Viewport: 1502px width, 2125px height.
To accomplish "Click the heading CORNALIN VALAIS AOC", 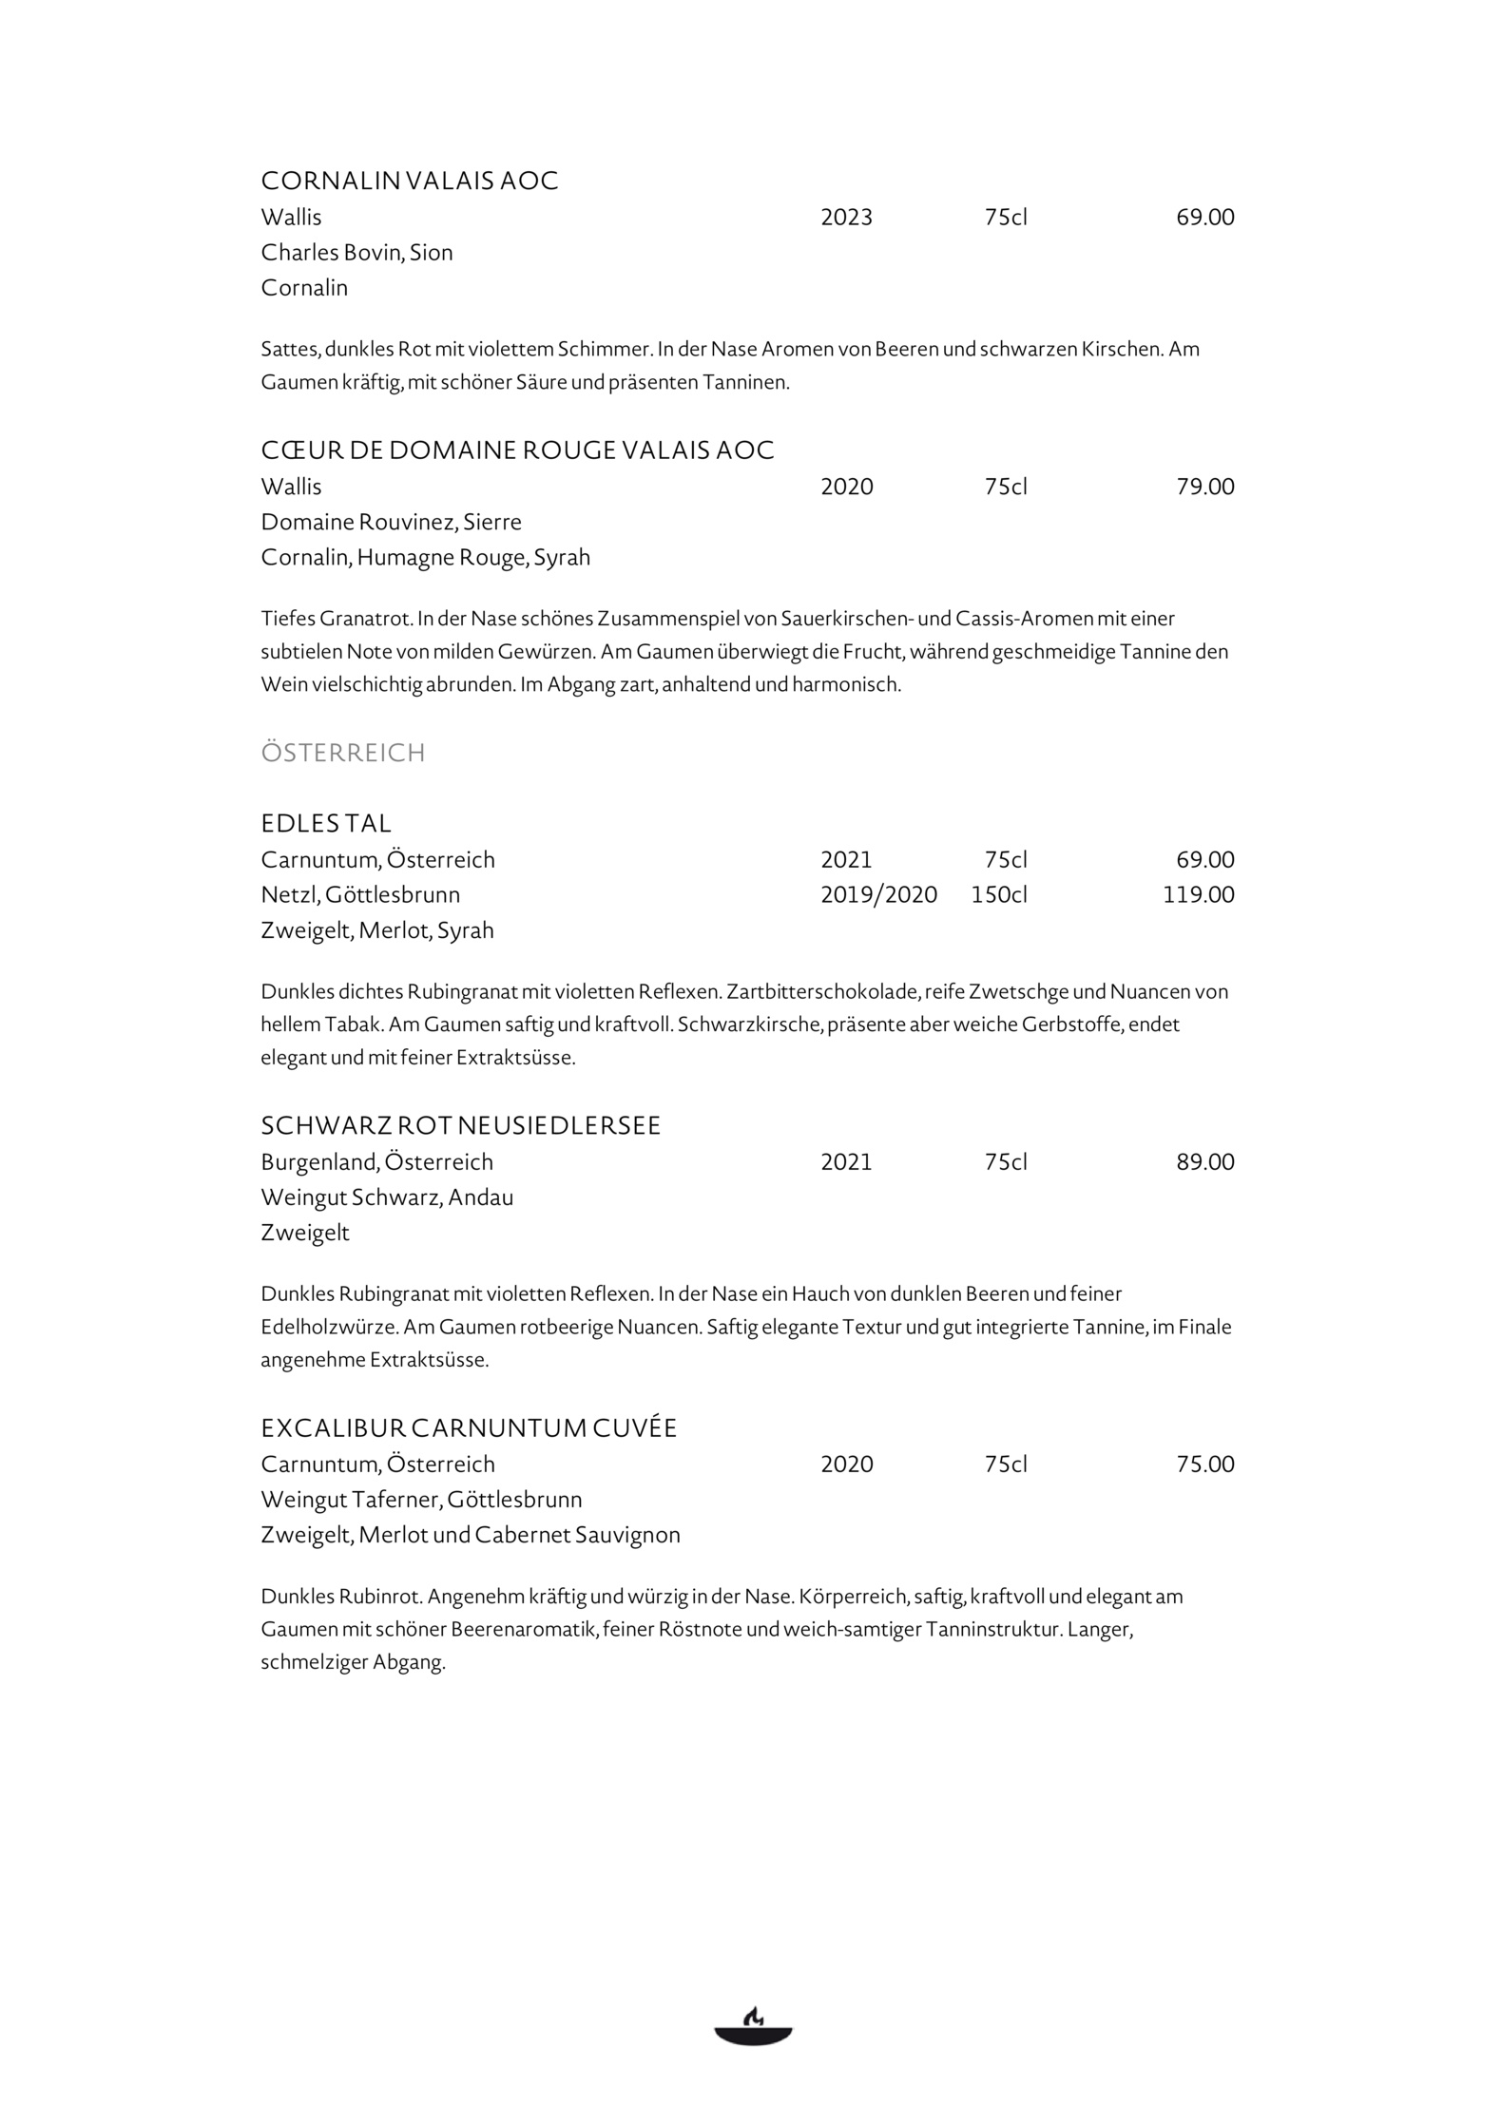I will pos(410,181).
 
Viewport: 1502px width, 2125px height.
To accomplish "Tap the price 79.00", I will pos(1204,487).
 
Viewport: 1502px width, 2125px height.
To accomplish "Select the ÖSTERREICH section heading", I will pos(343,753).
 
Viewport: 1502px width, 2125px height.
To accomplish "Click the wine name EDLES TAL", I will pos(326,823).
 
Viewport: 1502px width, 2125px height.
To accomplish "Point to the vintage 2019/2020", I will pos(878,894).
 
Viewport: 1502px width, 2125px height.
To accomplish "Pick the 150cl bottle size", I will pos(998,894).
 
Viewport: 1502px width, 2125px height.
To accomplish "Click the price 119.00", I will pos(1198,894).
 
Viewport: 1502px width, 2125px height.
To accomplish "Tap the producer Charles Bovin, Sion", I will pos(356,252).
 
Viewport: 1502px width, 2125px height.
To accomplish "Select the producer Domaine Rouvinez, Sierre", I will pos(391,522).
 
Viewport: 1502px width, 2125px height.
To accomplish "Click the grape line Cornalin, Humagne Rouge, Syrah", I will pos(425,557).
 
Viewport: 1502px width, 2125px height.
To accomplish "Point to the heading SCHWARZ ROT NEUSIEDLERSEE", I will pos(460,1125).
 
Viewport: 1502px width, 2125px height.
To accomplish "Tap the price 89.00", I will pos(1204,1161).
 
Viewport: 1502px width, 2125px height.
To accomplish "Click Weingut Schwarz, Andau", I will pos(387,1197).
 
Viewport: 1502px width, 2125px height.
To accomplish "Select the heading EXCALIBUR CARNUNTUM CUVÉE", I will pos(469,1427).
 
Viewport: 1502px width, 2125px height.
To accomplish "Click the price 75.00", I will pos(1204,1464).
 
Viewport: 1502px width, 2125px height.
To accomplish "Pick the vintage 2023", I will pos(846,218).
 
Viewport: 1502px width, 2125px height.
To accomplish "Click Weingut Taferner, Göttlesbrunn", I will pos(421,1499).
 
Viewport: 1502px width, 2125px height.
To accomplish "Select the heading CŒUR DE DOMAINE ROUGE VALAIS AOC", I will pos(517,450).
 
